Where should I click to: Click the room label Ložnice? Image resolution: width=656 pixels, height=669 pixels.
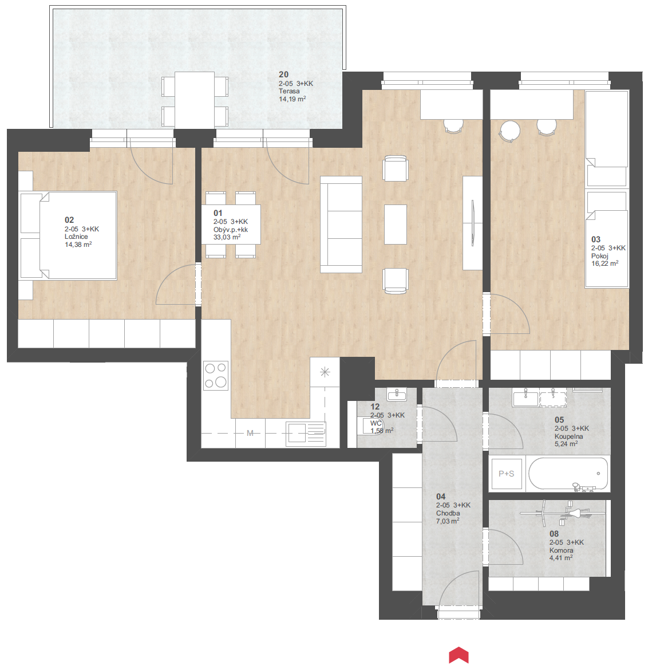76,237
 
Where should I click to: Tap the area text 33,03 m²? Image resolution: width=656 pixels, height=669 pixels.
227,237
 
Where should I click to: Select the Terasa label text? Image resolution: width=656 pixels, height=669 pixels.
289,91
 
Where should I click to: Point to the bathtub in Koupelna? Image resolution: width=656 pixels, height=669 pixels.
568,474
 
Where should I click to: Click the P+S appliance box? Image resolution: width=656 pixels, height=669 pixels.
506,474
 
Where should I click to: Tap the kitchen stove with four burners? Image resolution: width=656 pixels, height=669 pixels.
216,376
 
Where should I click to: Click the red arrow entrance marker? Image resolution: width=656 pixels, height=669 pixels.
459,655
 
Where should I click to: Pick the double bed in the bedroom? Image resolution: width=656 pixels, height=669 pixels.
78,235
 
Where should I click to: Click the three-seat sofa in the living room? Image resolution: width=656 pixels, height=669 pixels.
341,225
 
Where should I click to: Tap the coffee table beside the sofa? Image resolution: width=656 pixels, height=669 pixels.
396,225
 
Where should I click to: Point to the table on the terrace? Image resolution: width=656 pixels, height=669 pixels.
195,100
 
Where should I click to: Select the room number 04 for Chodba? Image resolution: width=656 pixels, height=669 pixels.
441,497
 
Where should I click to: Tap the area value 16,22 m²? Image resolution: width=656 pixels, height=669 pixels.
605,263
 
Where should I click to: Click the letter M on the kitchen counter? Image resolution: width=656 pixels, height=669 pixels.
250,433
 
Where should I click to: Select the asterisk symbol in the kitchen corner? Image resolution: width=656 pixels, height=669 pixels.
325,372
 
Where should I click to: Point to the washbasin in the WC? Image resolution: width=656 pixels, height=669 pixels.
397,393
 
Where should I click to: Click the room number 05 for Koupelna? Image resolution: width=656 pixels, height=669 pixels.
559,420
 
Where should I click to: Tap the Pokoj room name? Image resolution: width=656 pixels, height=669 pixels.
600,256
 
